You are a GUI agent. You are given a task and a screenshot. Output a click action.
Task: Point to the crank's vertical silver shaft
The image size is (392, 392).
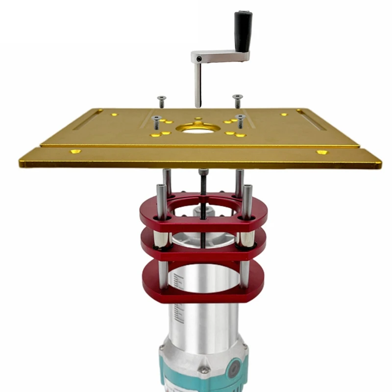197,86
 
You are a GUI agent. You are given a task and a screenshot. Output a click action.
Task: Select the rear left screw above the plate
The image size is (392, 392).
161,101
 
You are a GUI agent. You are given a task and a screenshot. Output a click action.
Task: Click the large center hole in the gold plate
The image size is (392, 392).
198,129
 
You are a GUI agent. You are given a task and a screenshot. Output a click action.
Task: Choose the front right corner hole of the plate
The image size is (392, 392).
322,152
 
